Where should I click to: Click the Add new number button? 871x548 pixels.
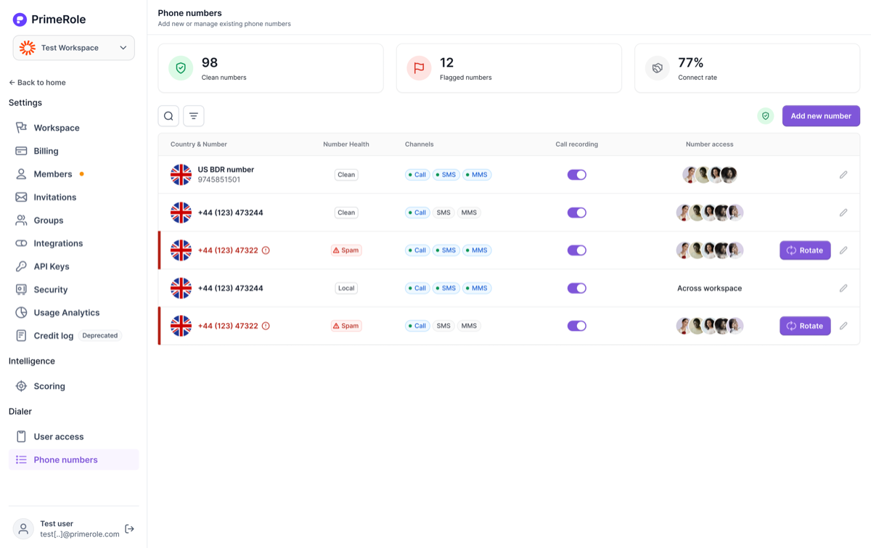coord(821,116)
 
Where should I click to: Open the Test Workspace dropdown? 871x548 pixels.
coord(74,48)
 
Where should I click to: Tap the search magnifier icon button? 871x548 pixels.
coord(168,116)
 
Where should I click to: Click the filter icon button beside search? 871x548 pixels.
coord(194,116)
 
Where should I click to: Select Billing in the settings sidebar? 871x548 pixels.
coord(46,151)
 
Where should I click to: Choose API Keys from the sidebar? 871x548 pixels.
coord(52,266)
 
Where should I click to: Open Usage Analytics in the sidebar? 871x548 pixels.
coord(67,313)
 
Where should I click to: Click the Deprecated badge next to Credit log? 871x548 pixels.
coord(100,335)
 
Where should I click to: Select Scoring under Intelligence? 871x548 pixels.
coord(49,386)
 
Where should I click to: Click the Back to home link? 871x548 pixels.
coord(37,83)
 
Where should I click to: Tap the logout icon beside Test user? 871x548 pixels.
coord(129,529)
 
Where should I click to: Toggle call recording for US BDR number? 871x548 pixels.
coord(576,175)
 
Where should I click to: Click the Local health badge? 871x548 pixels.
coord(346,288)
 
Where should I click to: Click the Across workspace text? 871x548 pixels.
coord(710,288)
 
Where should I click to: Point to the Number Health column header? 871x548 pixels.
coord(346,144)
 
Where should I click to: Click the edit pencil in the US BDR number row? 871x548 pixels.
coord(843,175)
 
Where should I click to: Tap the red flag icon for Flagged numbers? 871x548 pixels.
coord(419,68)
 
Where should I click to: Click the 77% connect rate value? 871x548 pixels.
coord(690,62)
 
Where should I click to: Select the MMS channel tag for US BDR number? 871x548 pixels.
coord(477,175)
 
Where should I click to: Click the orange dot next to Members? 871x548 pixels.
coord(81,174)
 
